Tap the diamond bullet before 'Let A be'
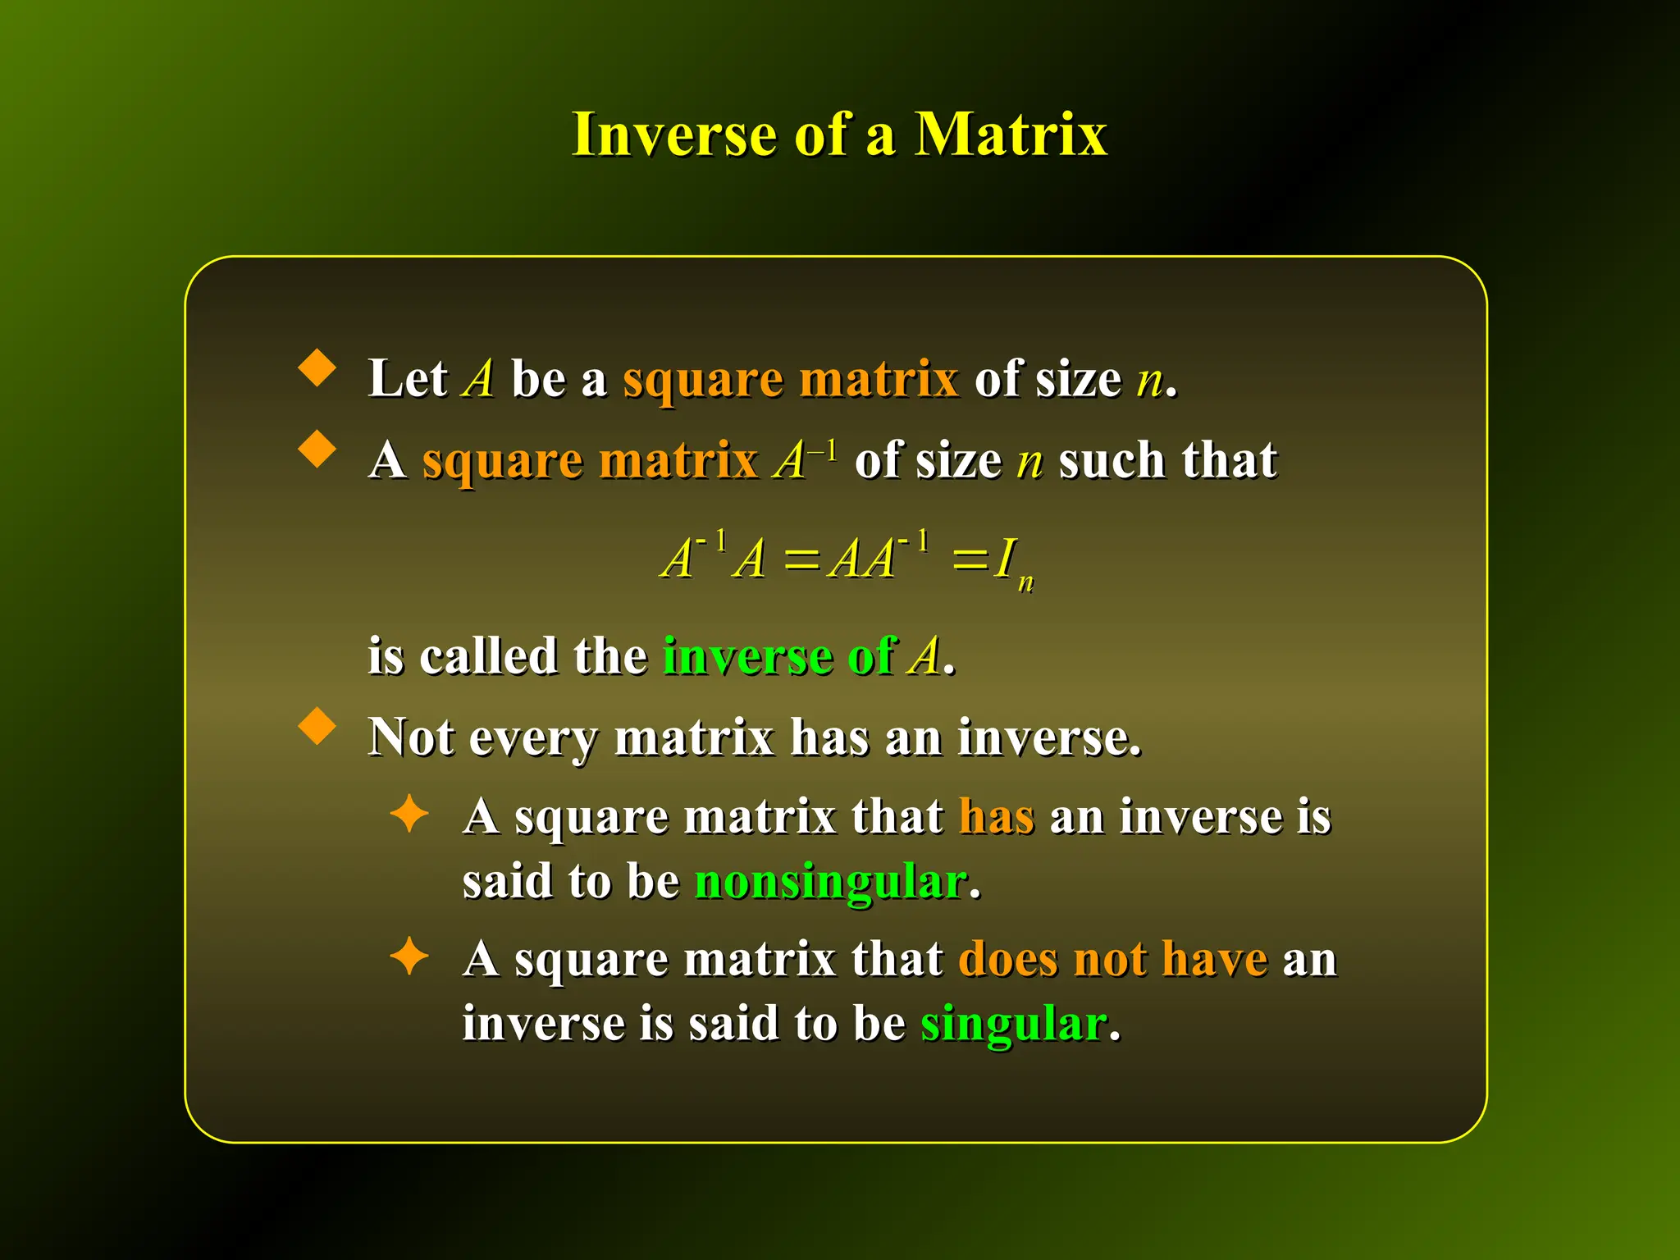tap(317, 368)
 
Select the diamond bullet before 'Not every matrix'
tap(317, 727)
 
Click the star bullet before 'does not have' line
tap(409, 956)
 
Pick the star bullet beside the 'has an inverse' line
tap(409, 815)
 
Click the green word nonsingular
tap(830, 883)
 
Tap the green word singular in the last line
tap(1014, 1025)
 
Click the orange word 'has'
tap(996, 818)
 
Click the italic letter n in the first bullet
tap(1149, 381)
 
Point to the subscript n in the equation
tap(1025, 582)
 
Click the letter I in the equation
tap(1005, 559)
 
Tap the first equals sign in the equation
tap(801, 562)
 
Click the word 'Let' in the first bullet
tap(407, 379)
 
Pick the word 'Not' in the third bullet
tap(410, 737)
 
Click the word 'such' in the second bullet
tap(1112, 460)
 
